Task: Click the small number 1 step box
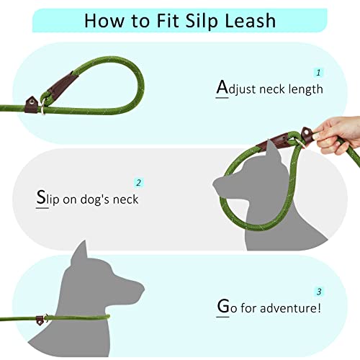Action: [x=318, y=73]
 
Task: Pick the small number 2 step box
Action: [x=138, y=183]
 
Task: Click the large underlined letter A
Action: [x=222, y=88]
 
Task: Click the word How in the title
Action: [x=102, y=20]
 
